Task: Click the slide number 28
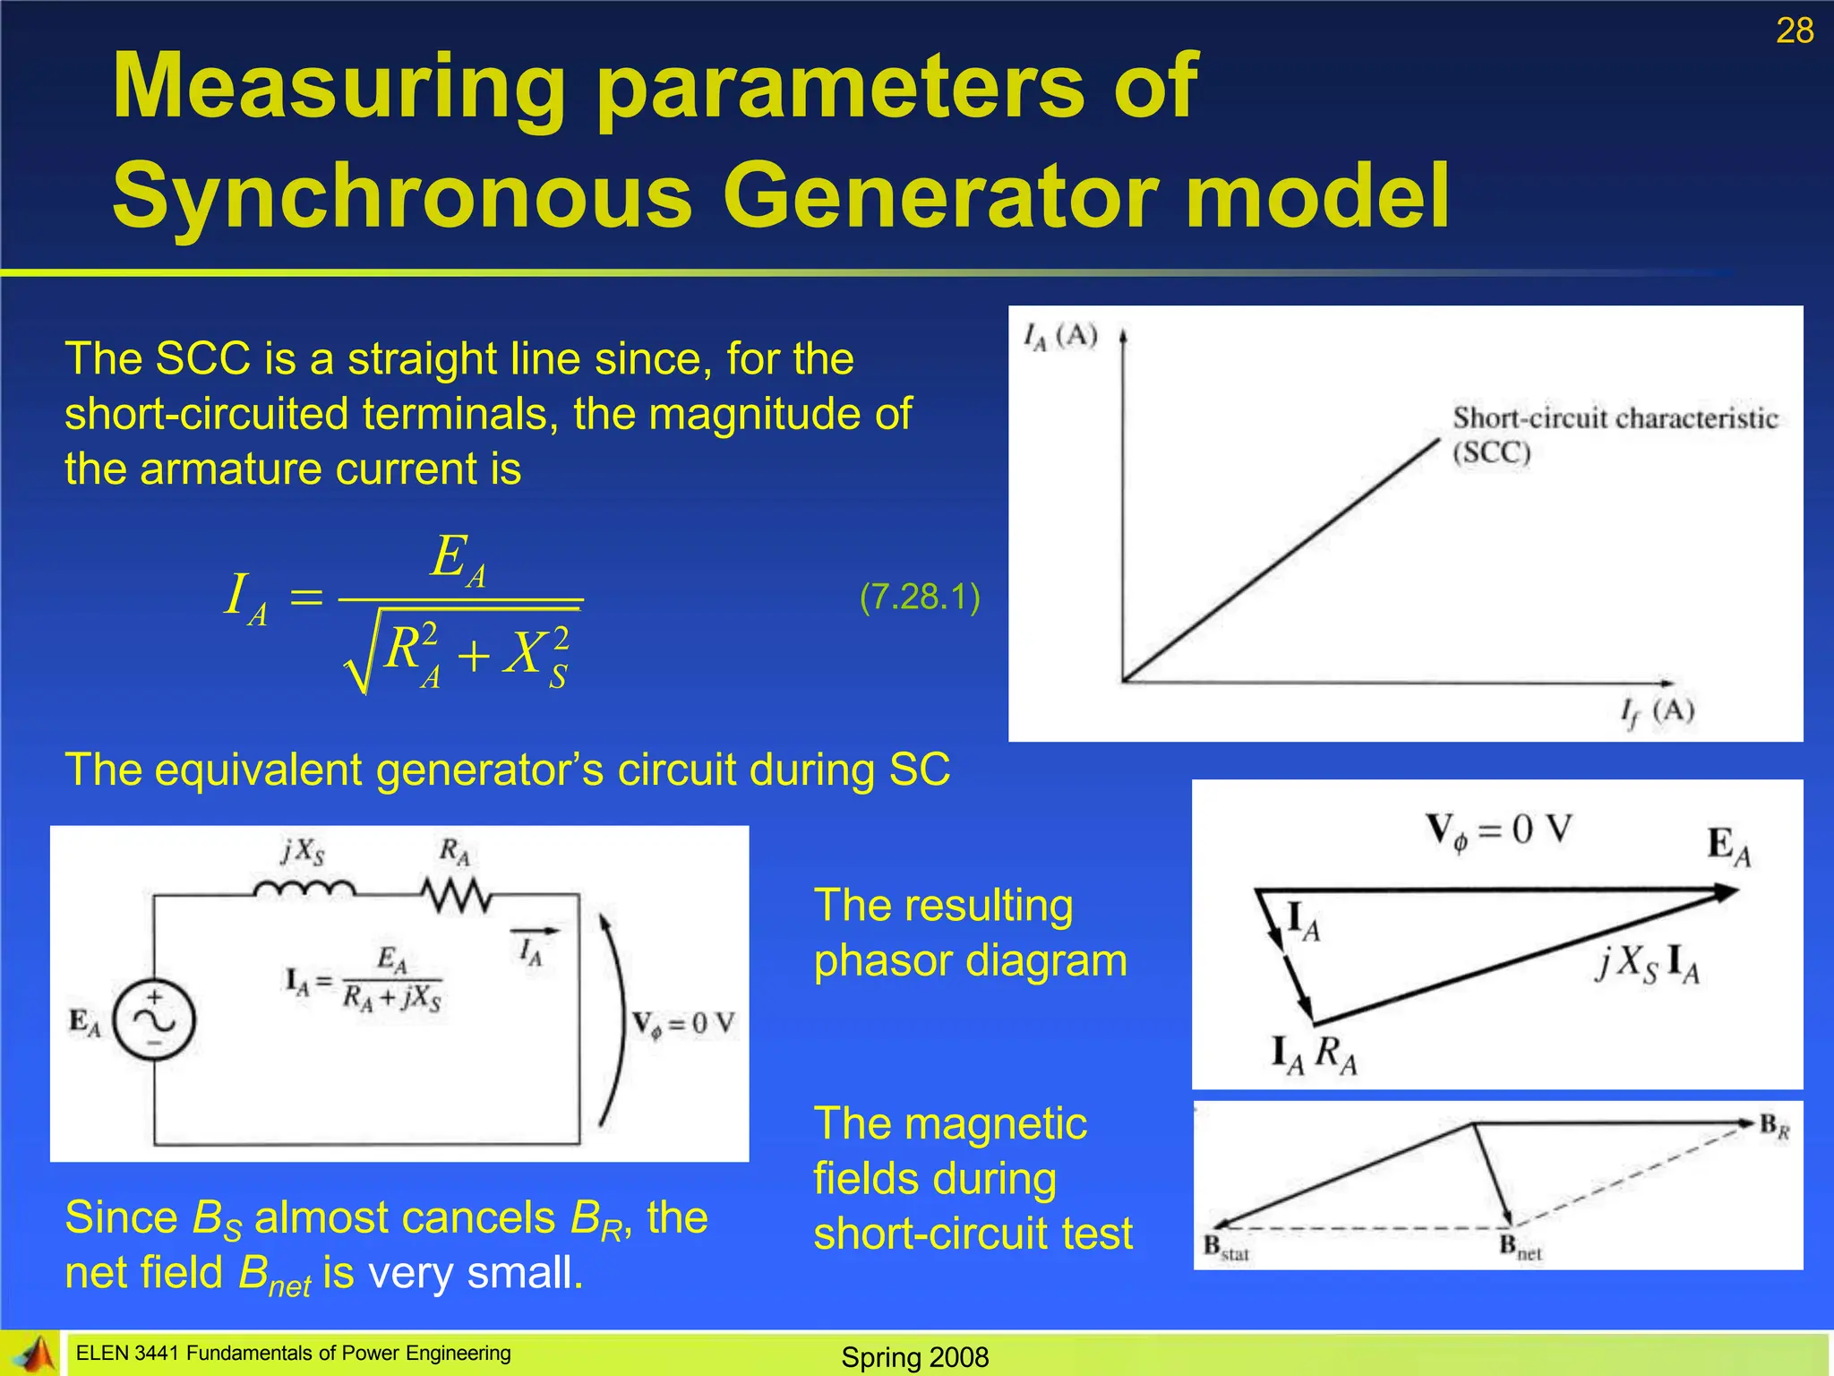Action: pyautogui.click(x=1794, y=31)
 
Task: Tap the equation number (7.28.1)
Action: pyautogui.click(x=920, y=597)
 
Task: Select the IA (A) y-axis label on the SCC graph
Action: pyautogui.click(x=1060, y=337)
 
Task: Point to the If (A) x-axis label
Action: pyautogui.click(x=1657, y=712)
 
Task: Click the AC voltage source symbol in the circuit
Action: pyautogui.click(x=154, y=1020)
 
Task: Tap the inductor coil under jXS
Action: pyautogui.click(x=304, y=889)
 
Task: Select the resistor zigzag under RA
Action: pyautogui.click(x=456, y=895)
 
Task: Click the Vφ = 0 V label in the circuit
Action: pyautogui.click(x=683, y=1024)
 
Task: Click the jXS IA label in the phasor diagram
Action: pyautogui.click(x=1647, y=966)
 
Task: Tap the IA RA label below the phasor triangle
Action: pyautogui.click(x=1314, y=1054)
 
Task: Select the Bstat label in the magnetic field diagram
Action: pyautogui.click(x=1226, y=1247)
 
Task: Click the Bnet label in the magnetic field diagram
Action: pyautogui.click(x=1521, y=1246)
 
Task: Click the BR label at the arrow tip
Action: pyautogui.click(x=1774, y=1126)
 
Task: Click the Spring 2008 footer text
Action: pyautogui.click(x=914, y=1357)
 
